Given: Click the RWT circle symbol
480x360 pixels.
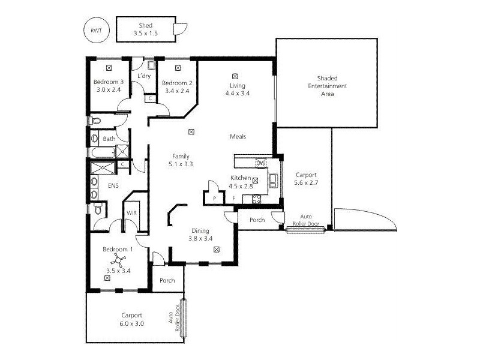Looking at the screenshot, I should (96, 30).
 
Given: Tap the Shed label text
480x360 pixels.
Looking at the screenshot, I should (145, 26).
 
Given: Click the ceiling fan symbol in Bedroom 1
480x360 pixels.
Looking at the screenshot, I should (118, 259).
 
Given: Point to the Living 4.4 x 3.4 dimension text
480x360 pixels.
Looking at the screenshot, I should (237, 94).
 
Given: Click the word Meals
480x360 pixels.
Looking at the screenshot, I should (238, 136).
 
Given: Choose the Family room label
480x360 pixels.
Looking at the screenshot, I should (181, 156).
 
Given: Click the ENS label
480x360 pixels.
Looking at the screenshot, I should (113, 186).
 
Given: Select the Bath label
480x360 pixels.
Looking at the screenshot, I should (109, 139).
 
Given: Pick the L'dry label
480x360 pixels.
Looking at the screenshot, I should (144, 76).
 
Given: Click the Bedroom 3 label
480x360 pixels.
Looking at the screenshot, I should (108, 83).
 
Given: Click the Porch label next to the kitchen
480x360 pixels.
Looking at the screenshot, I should (257, 220).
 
